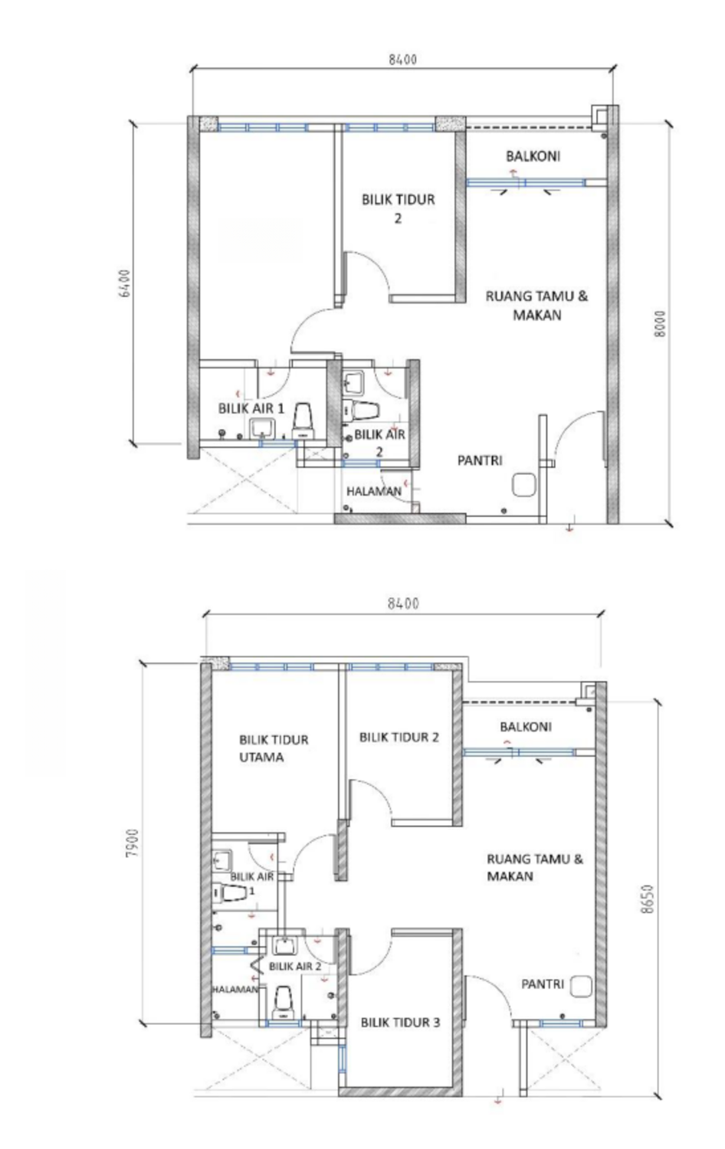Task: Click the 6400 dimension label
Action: pyautogui.click(x=123, y=283)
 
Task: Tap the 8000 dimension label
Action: pyautogui.click(x=660, y=324)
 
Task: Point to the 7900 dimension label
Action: pyautogui.click(x=132, y=843)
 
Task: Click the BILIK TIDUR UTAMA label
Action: pyautogui.click(x=274, y=748)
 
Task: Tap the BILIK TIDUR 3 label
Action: pyautogui.click(x=400, y=1023)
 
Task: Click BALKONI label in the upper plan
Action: pyautogui.click(x=533, y=156)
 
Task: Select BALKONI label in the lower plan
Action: pyautogui.click(x=526, y=726)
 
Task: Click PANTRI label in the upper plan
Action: pyautogui.click(x=480, y=460)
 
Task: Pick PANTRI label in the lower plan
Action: pyautogui.click(x=543, y=984)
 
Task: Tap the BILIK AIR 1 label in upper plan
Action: pyautogui.click(x=251, y=408)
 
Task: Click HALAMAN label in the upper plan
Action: pyautogui.click(x=374, y=491)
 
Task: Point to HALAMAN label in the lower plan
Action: pyautogui.click(x=235, y=989)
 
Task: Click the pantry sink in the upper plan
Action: pyautogui.click(x=524, y=484)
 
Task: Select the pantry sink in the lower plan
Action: pyautogui.click(x=580, y=986)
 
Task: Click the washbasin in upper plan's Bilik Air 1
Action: pyautogui.click(x=263, y=427)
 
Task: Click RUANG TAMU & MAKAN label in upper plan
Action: pyautogui.click(x=536, y=305)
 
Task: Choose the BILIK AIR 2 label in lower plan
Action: pyautogui.click(x=295, y=967)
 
